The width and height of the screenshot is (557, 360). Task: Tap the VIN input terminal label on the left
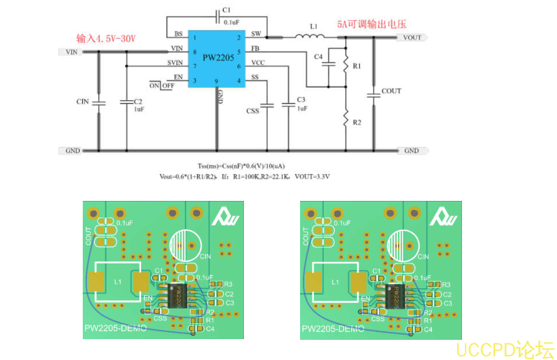(71, 52)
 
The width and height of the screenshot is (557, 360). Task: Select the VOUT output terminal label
(412, 37)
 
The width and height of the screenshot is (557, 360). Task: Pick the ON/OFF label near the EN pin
(162, 85)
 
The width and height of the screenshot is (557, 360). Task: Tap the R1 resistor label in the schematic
(356, 66)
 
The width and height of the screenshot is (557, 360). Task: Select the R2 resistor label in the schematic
(357, 122)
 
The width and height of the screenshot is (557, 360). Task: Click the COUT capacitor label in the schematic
(391, 91)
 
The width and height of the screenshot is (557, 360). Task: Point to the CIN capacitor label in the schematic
(83, 102)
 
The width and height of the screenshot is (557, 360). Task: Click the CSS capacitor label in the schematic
(253, 111)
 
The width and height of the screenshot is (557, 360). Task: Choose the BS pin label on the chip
(178, 34)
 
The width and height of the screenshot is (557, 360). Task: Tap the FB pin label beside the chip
(255, 48)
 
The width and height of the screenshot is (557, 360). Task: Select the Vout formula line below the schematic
(245, 176)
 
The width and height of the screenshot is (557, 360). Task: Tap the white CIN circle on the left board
(186, 246)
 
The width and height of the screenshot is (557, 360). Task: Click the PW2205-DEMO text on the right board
(332, 329)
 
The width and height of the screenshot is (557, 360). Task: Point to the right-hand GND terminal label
(411, 150)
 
